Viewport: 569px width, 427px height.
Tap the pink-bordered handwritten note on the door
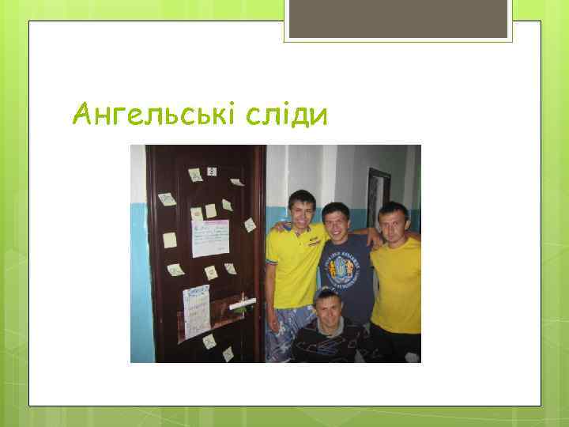click(x=209, y=238)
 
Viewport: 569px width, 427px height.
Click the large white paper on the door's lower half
click(x=196, y=311)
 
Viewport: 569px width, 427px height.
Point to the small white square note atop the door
click(x=212, y=171)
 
